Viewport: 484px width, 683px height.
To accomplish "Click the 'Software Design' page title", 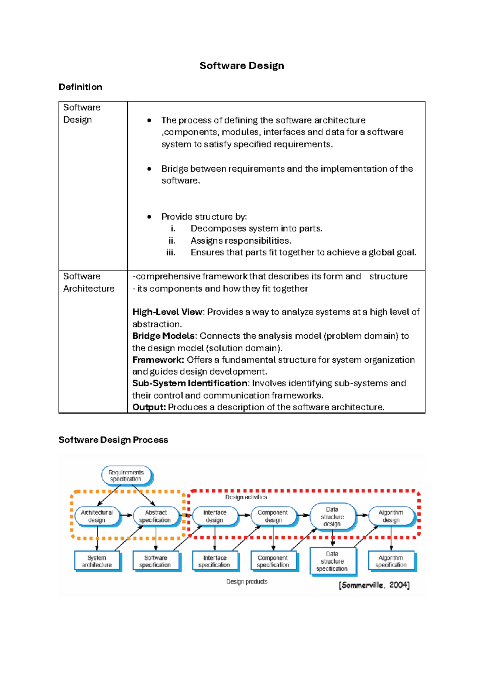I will coord(242,66).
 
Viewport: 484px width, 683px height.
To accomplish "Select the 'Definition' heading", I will coord(80,87).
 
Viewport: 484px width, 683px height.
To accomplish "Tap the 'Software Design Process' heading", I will coord(113,440).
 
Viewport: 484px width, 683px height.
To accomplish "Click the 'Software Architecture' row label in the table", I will coord(88,282).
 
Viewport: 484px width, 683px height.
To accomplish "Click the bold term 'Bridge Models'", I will coord(163,336).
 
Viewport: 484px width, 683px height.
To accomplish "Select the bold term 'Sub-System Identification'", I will coord(190,383).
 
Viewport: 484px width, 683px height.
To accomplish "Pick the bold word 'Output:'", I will coord(149,407).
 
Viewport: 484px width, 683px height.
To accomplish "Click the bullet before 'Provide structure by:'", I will coord(149,217).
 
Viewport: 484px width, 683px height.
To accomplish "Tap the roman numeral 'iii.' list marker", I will coord(171,253).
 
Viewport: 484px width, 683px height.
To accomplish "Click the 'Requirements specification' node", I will coord(126,476).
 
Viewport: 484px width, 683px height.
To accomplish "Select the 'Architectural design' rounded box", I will coord(97,516).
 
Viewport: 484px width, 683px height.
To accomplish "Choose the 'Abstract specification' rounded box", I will coord(155,516).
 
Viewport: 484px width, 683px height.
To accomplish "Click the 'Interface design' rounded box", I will coord(215,516).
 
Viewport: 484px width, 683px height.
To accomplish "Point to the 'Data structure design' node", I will coord(332,516).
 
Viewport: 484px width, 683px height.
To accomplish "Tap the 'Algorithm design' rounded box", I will coord(391,516).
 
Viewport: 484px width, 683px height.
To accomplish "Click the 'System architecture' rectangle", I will coord(97,561).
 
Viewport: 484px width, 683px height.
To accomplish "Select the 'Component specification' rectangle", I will coord(273,561).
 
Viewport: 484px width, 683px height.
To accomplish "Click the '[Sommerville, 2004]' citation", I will coord(374,585).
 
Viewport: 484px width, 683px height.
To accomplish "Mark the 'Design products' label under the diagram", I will coord(247,582).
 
